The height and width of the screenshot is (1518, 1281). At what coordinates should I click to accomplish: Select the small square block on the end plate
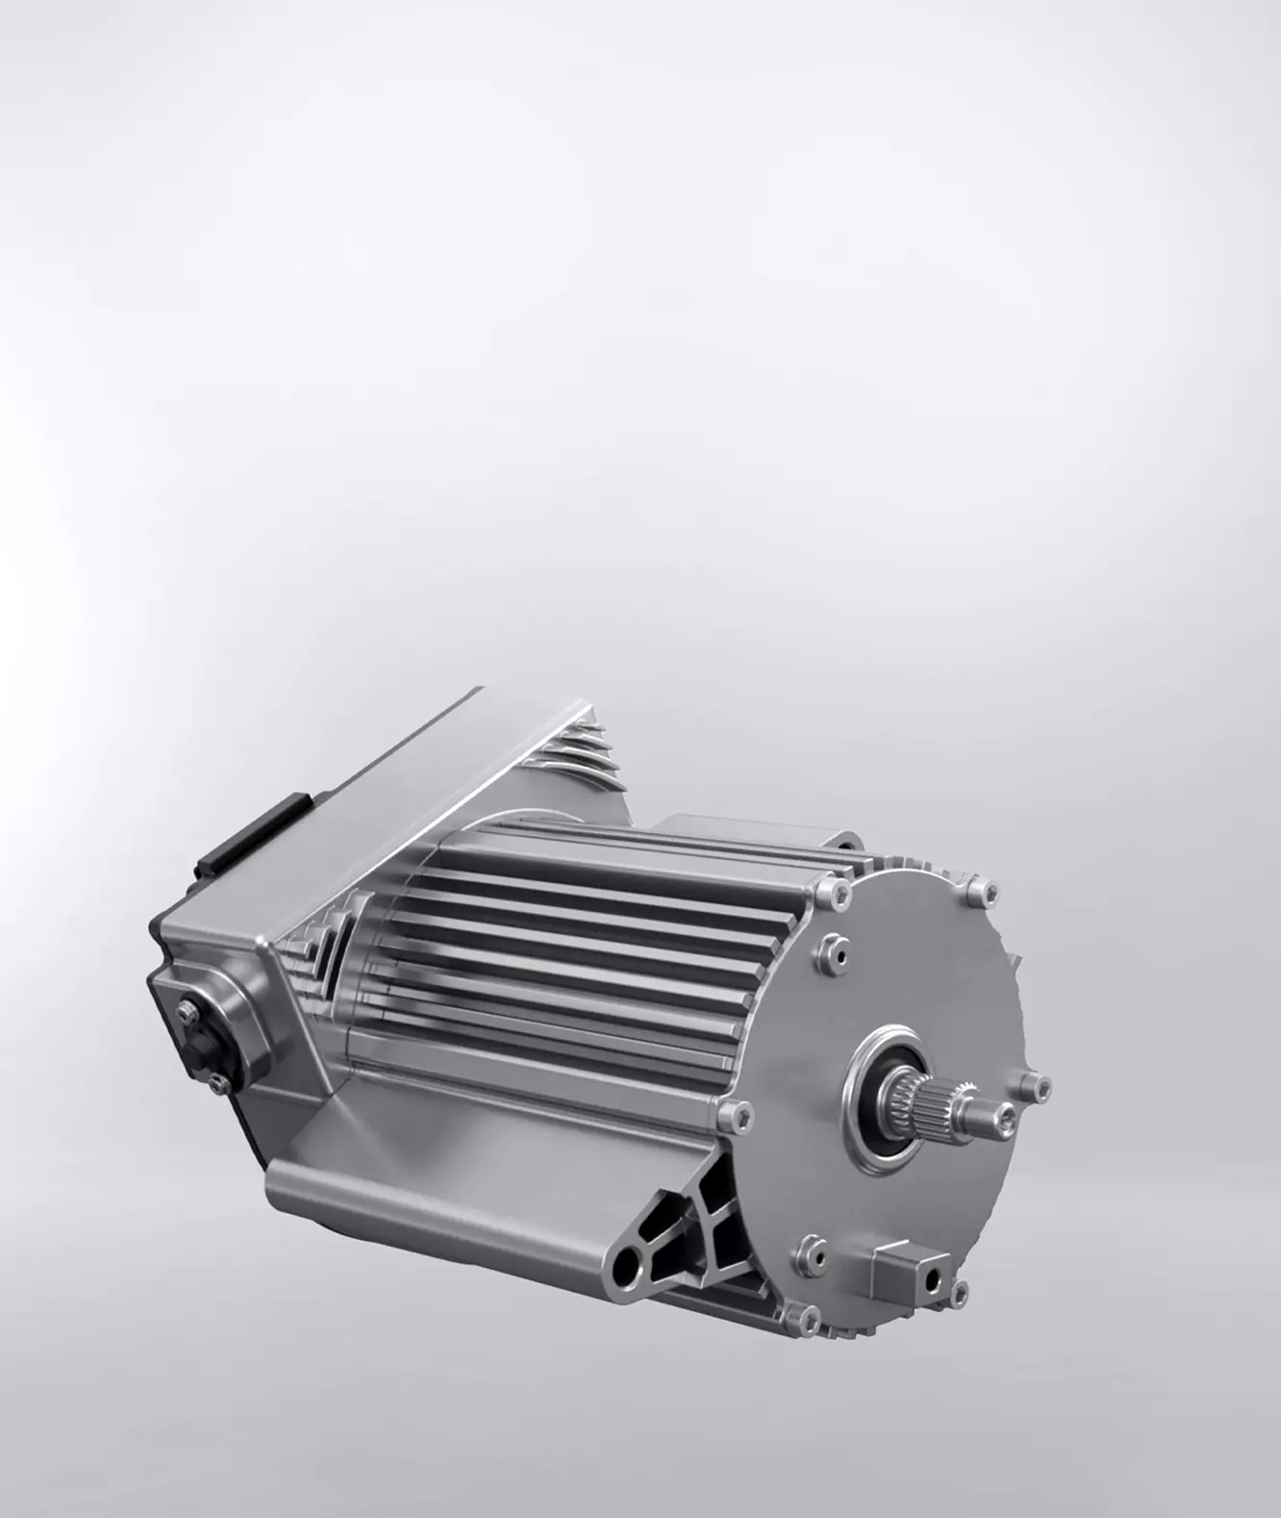pos(904,1275)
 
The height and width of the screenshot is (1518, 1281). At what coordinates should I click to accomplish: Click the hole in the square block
pos(931,1277)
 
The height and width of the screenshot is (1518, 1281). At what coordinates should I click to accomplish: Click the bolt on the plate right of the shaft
pos(1040,1086)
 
